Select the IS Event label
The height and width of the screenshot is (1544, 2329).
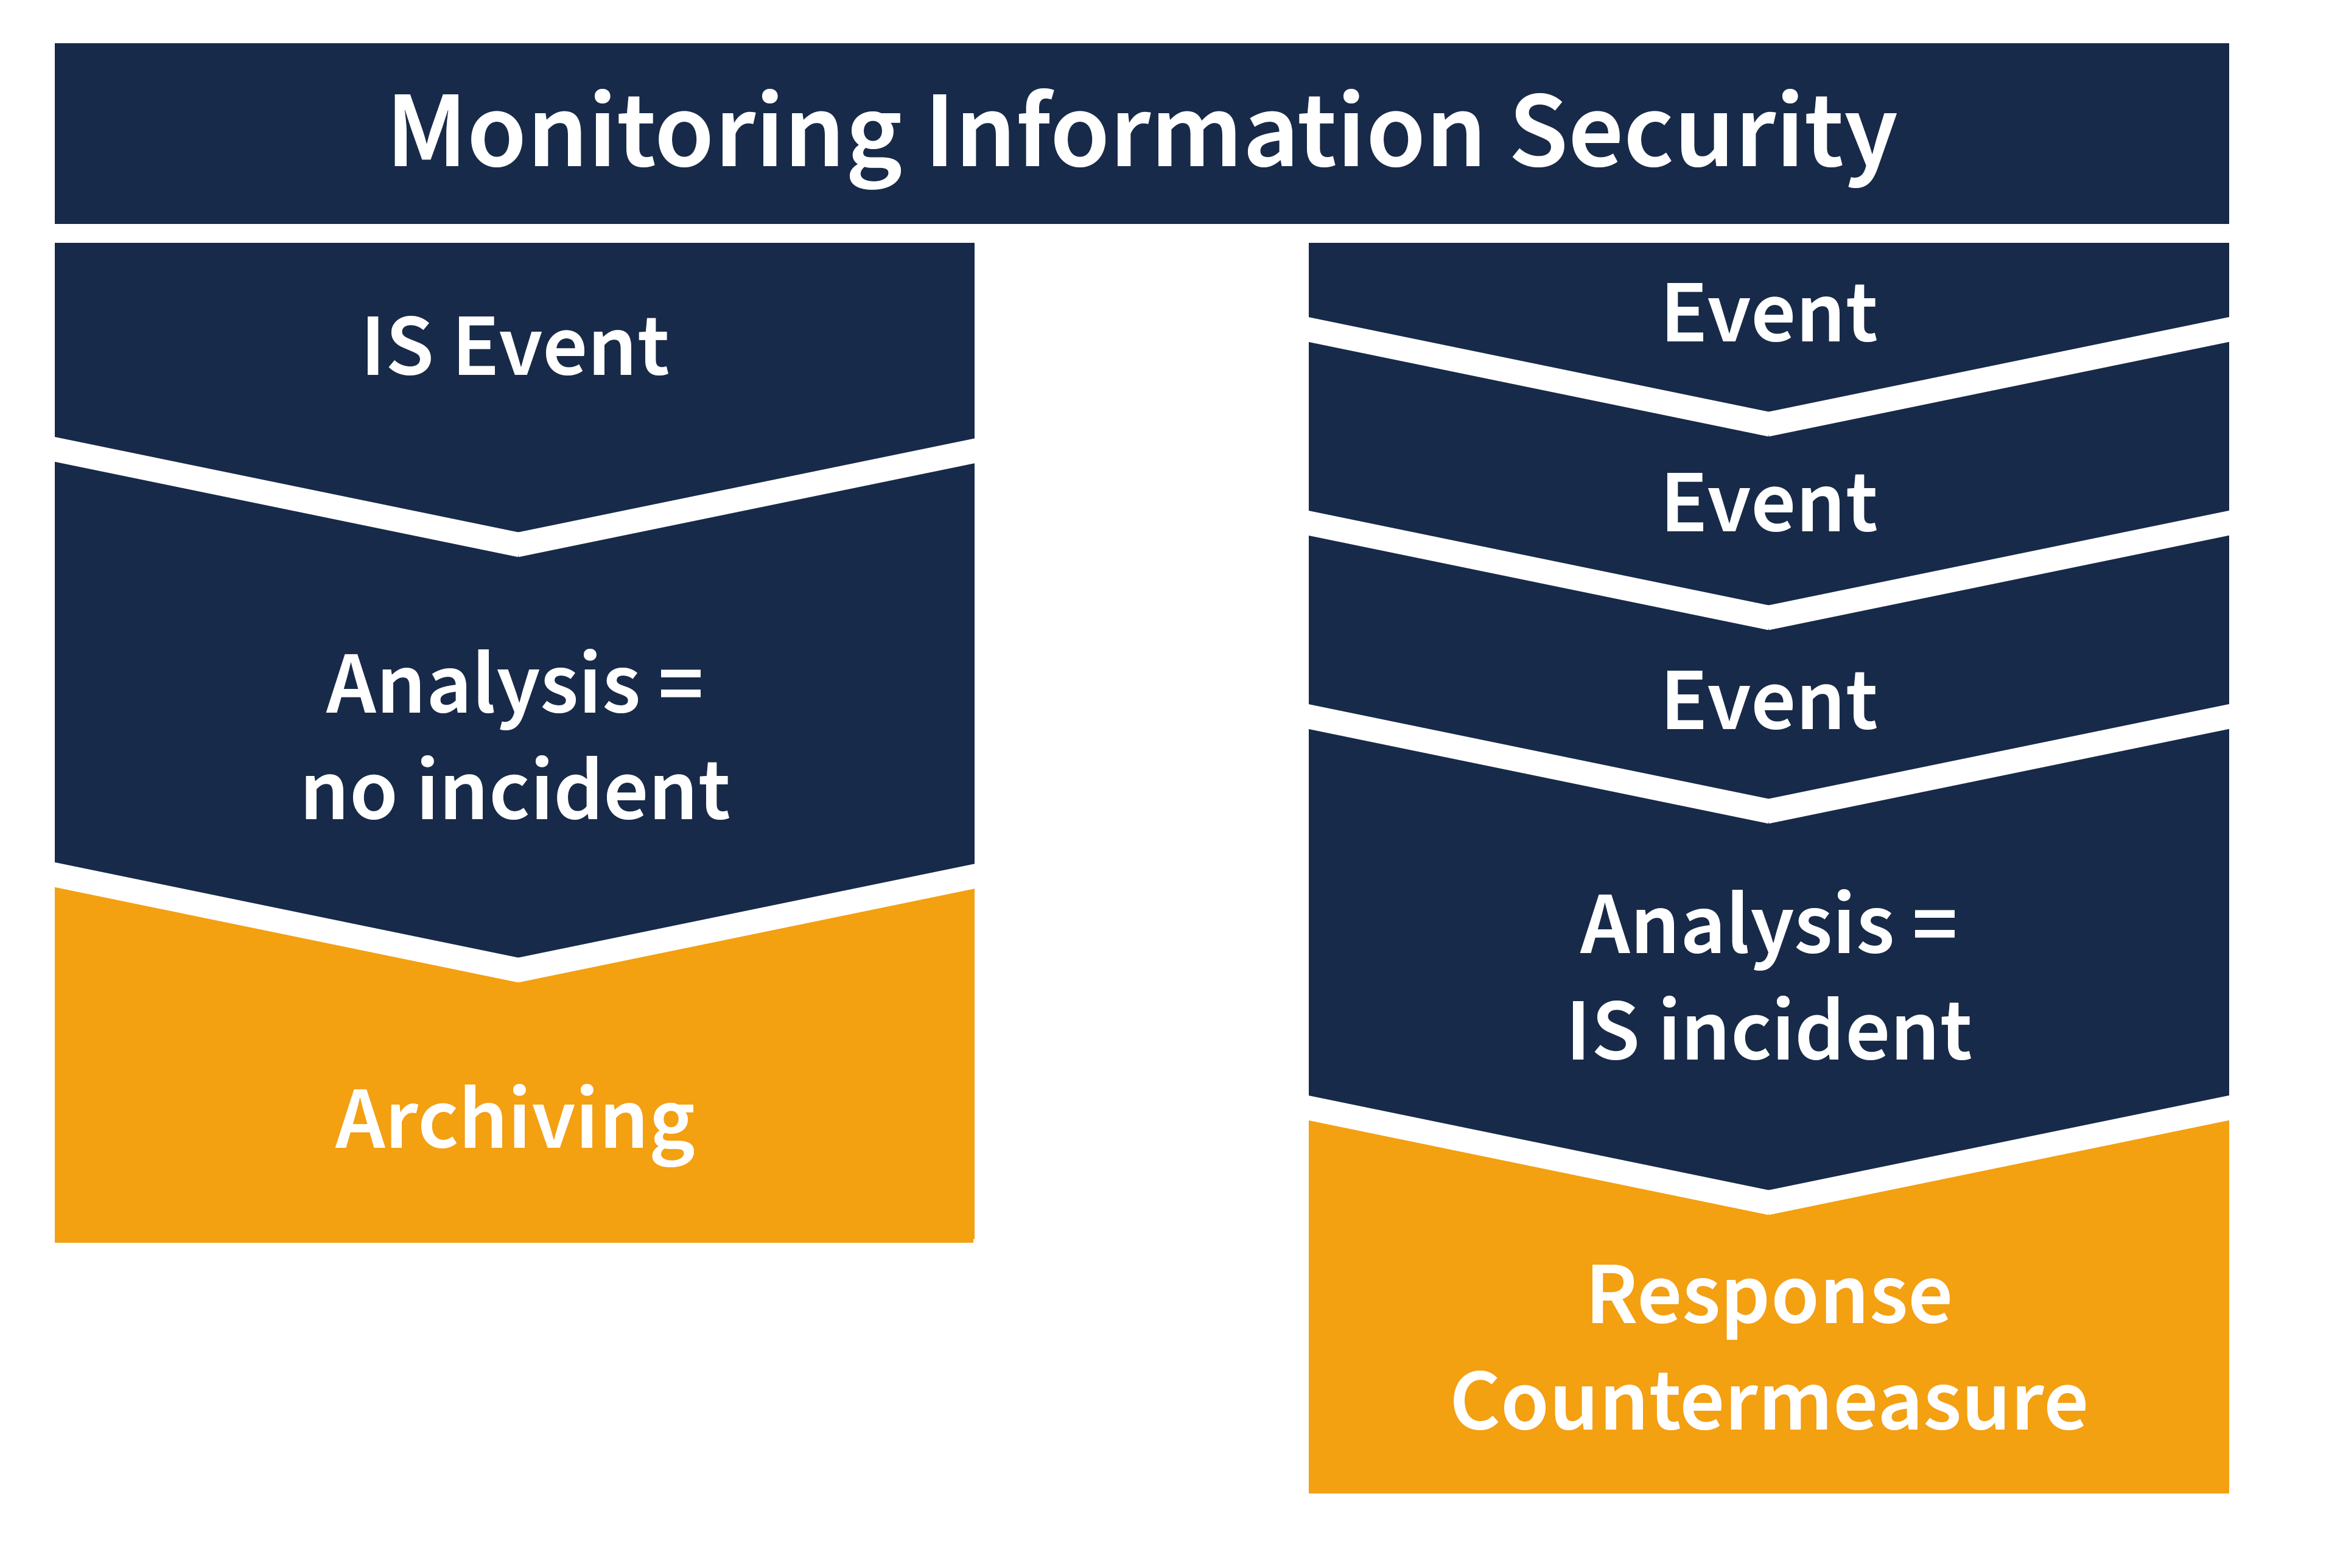[516, 347]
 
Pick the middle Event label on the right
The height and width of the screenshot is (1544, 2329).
[1770, 504]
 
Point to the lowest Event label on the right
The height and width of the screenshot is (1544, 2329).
[1770, 701]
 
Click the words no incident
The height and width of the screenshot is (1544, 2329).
[516, 791]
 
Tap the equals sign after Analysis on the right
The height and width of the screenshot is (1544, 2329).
[1934, 924]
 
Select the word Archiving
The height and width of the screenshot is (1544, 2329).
[516, 1120]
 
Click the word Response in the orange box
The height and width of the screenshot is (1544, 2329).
[1770, 1297]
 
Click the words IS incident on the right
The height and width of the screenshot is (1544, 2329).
[1770, 1031]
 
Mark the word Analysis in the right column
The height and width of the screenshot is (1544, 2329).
[1736, 926]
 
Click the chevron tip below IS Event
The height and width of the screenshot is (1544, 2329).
[518, 543]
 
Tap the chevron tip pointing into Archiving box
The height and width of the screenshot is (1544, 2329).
[518, 969]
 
